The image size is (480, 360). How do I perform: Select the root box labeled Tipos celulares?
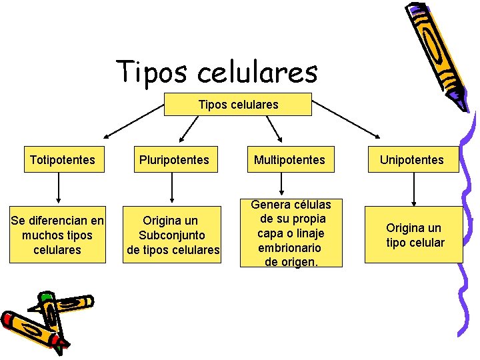tap(238, 105)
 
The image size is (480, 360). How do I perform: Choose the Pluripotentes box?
tap(173, 160)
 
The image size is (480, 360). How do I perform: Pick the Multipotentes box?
tap(289, 160)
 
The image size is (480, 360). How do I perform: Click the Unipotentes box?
tap(411, 160)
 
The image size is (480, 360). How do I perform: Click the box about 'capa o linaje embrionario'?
tap(291, 233)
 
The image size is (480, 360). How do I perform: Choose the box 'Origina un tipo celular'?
tap(415, 235)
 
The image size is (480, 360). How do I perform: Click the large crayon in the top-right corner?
tap(440, 53)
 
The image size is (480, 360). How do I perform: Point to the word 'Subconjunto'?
tap(172, 235)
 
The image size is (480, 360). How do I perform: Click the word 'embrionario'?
tap(291, 247)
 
